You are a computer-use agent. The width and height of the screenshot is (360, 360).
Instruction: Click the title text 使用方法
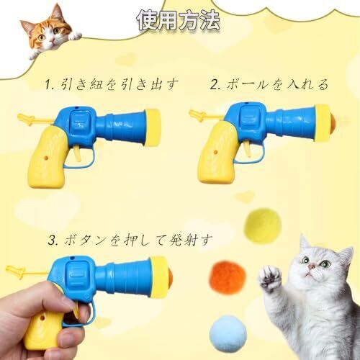[178, 20]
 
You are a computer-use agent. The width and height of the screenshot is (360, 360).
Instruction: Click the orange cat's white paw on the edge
[76, 36]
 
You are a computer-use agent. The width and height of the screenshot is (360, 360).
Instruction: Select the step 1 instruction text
[112, 84]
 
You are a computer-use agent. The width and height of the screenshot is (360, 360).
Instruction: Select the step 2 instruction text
[269, 84]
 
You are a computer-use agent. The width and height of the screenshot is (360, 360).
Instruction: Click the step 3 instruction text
[130, 240]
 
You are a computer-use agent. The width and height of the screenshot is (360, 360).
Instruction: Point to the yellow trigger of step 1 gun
[77, 153]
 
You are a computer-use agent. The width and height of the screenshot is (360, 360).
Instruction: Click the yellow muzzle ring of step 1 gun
[153, 127]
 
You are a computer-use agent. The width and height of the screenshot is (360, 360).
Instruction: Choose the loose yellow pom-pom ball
[262, 225]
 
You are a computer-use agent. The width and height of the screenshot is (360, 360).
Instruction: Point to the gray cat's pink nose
[312, 266]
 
